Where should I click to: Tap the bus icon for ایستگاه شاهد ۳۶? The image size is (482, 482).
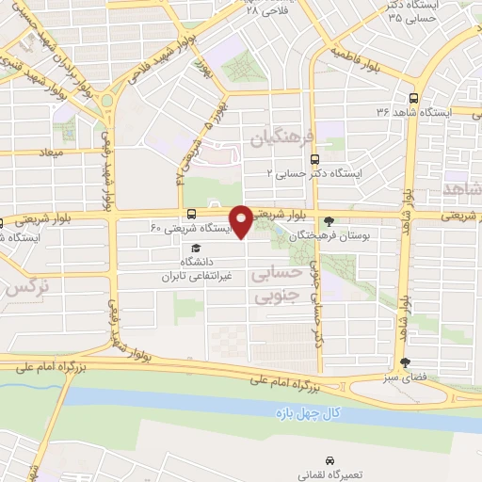414,97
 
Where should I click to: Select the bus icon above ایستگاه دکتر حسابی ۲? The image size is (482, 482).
313,159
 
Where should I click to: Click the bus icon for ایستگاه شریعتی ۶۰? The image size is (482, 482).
192,214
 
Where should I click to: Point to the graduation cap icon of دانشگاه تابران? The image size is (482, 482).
195,247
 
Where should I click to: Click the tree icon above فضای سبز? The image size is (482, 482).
406,361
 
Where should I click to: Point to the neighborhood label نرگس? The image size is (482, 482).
25,290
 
